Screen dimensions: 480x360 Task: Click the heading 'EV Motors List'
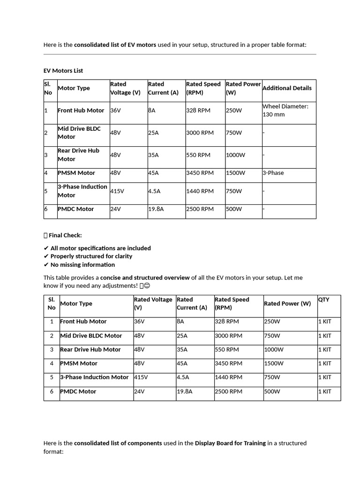click(x=63, y=71)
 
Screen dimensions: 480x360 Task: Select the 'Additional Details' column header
click(x=287, y=88)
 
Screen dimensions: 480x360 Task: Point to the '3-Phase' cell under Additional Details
click(x=273, y=173)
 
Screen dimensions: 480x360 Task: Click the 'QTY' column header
click(x=324, y=300)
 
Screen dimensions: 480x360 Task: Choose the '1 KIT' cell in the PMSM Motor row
click(x=325, y=363)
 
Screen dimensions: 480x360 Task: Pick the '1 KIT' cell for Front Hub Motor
click(x=325, y=322)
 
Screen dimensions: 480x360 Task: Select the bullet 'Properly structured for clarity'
click(x=91, y=256)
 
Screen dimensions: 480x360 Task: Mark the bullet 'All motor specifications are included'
click(x=100, y=248)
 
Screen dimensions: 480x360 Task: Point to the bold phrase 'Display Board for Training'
click(x=230, y=443)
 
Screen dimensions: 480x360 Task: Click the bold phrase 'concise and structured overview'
click(x=145, y=277)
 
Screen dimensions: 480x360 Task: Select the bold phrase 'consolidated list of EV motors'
click(x=115, y=45)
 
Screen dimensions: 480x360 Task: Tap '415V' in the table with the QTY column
click(x=141, y=377)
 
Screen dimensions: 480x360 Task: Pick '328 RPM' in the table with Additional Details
click(x=198, y=111)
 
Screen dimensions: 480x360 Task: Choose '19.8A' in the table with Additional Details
click(x=156, y=209)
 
